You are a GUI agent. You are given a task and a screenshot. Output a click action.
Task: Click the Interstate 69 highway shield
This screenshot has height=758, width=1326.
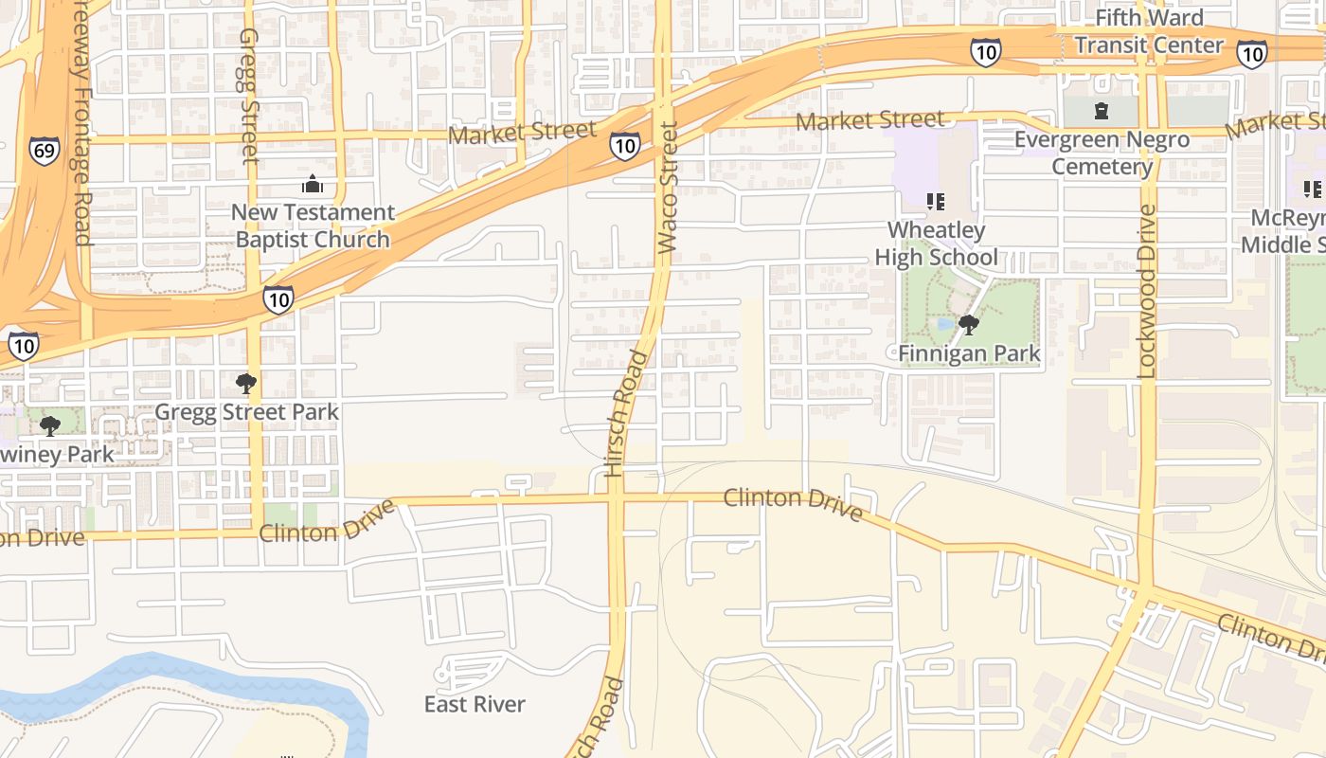tap(44, 152)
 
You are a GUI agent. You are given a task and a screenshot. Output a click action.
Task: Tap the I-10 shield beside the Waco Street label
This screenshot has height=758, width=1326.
tap(623, 146)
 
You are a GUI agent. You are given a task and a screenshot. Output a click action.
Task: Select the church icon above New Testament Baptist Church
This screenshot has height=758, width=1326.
tap(313, 184)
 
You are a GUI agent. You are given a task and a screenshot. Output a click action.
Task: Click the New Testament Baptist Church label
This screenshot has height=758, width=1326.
tap(313, 226)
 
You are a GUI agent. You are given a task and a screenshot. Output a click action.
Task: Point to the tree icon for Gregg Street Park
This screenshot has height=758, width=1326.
tap(246, 384)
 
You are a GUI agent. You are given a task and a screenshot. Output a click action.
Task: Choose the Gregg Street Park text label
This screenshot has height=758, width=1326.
tap(246, 412)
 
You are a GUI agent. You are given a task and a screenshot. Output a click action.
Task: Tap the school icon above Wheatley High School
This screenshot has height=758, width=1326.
tap(936, 201)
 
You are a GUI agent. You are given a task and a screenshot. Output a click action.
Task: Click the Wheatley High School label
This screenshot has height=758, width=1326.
tap(936, 244)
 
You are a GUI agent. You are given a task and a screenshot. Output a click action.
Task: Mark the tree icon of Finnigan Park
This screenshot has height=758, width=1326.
tap(968, 326)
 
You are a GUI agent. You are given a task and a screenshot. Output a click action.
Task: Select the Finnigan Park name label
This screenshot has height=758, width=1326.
tap(969, 354)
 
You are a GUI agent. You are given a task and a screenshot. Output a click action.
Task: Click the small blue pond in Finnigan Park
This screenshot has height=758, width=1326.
tap(944, 324)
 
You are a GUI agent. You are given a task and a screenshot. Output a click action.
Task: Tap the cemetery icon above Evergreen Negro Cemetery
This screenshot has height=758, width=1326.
tap(1101, 112)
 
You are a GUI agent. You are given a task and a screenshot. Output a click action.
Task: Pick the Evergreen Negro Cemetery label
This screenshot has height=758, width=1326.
tap(1102, 153)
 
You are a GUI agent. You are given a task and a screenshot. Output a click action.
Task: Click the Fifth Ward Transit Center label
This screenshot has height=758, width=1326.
tap(1149, 31)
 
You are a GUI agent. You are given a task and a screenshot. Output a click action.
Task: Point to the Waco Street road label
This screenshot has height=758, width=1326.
tap(668, 187)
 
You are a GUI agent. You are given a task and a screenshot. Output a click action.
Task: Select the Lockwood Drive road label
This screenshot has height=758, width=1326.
tap(1147, 292)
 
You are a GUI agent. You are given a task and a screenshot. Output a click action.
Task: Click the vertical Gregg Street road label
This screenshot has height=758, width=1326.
tap(249, 95)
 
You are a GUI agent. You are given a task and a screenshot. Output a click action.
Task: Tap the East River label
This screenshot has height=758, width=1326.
tap(475, 704)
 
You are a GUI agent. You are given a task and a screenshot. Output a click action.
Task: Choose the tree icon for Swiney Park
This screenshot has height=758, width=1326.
tap(50, 426)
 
